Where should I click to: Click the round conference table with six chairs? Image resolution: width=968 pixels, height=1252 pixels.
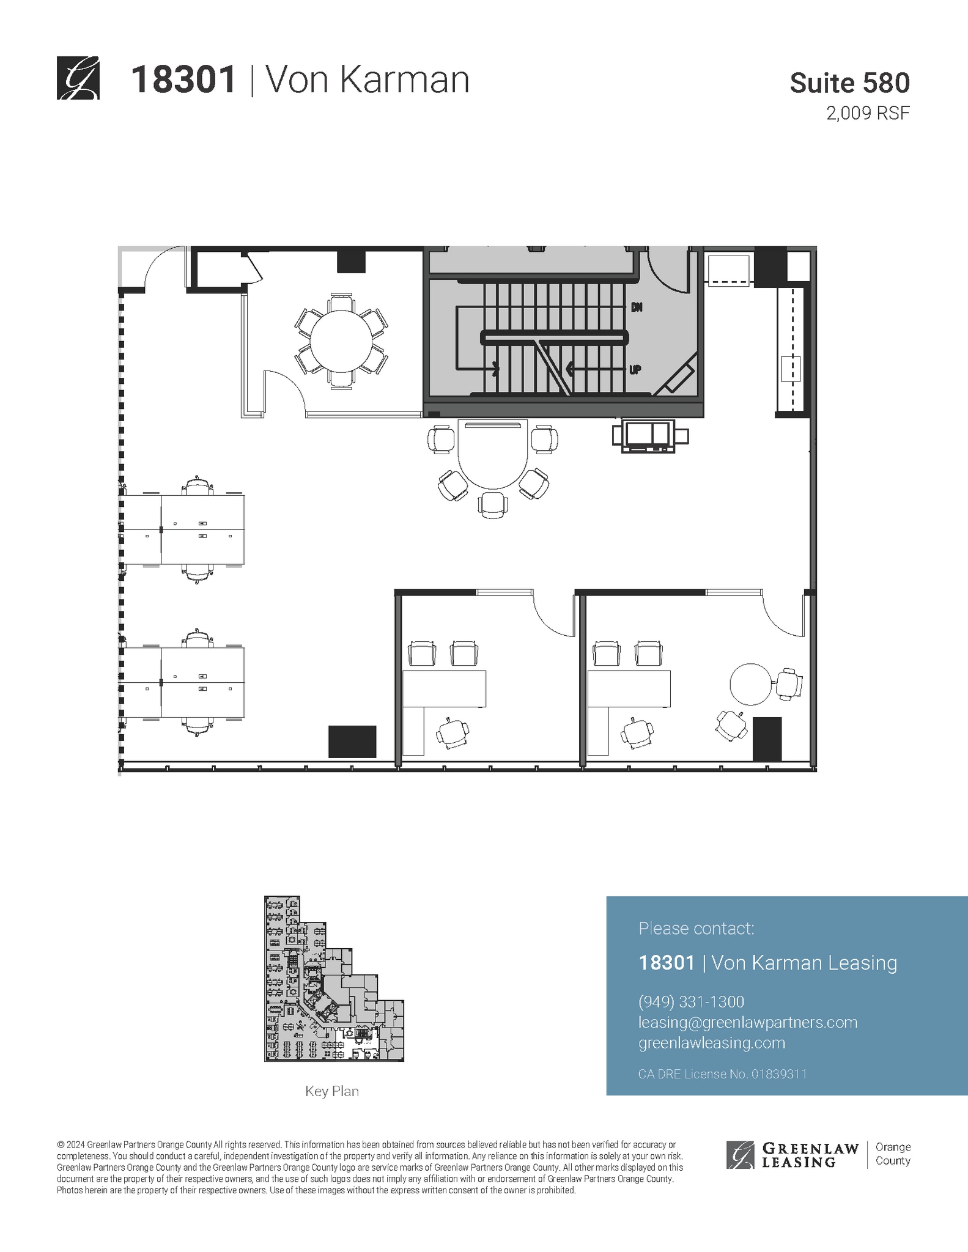[341, 340]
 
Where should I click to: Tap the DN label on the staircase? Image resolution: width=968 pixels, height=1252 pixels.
[637, 307]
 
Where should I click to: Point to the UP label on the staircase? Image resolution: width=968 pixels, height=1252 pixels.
[635, 370]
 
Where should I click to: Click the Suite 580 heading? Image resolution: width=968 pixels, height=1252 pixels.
[849, 83]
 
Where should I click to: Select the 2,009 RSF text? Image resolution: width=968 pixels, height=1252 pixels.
[868, 114]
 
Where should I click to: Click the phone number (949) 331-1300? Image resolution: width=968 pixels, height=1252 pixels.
[691, 1002]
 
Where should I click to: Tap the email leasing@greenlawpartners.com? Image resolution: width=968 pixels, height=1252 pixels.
[747, 1022]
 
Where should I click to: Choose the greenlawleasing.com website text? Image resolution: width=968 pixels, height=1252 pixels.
[711, 1043]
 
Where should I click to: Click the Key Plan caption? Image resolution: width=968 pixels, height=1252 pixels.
[332, 1091]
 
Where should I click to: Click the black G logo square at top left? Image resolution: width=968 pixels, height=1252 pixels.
[78, 78]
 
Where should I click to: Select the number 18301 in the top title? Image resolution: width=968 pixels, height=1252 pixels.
[183, 79]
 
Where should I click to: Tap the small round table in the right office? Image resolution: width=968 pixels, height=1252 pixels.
[750, 684]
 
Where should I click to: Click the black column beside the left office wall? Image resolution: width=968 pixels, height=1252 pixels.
[352, 741]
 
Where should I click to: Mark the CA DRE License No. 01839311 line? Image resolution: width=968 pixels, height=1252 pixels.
[722, 1074]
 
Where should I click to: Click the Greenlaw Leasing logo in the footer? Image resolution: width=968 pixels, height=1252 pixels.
[793, 1155]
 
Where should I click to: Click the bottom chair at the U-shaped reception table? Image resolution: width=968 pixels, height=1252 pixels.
[492, 505]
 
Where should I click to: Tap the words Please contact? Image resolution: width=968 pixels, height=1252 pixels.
[696, 929]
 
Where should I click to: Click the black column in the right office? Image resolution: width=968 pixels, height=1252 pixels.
[767, 738]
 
